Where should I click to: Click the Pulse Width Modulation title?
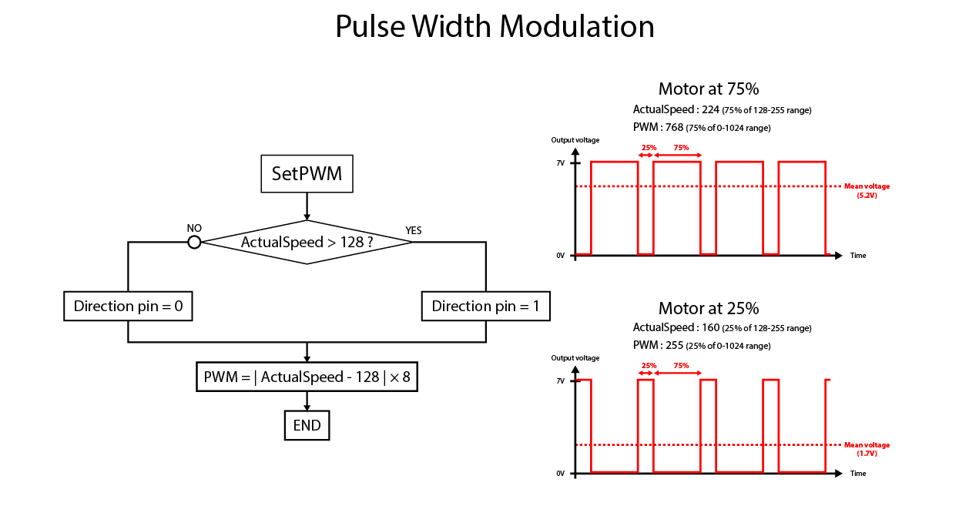495,26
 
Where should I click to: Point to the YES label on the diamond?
414,231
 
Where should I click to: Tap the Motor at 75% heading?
709,89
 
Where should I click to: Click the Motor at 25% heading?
709,308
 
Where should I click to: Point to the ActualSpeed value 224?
710,109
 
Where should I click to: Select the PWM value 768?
674,127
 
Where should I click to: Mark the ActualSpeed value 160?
711,327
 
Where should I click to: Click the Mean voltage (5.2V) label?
867,191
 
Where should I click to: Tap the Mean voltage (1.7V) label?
867,449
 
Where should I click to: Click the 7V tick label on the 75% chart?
561,163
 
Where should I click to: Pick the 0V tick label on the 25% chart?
561,474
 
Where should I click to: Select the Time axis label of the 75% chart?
858,256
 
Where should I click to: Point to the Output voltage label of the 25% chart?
575,358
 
